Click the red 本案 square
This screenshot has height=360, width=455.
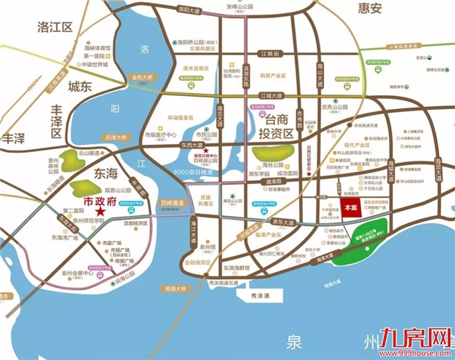[349, 207]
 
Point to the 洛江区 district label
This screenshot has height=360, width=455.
[57, 28]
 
